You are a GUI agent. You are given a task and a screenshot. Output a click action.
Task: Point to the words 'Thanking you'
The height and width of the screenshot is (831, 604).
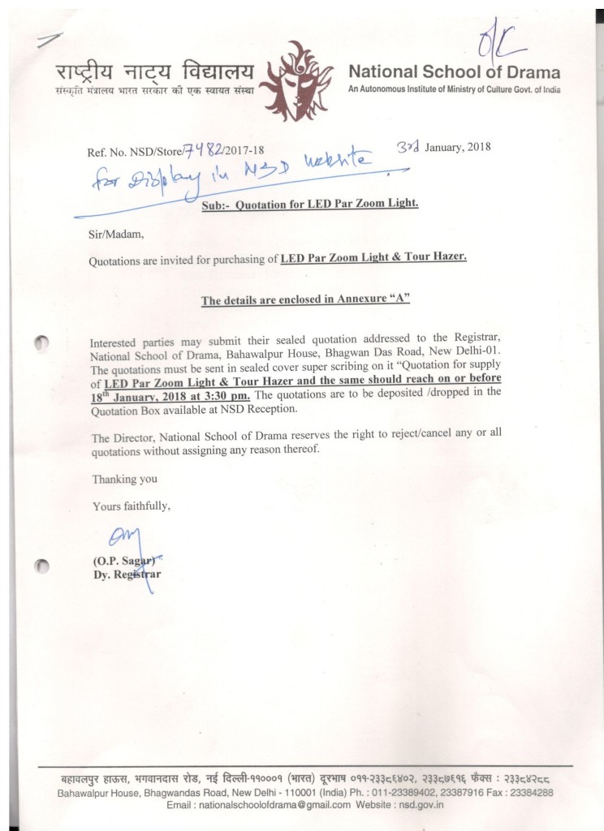point(119,479)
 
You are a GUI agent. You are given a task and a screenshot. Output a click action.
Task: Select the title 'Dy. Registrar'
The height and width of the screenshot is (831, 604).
point(127,575)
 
